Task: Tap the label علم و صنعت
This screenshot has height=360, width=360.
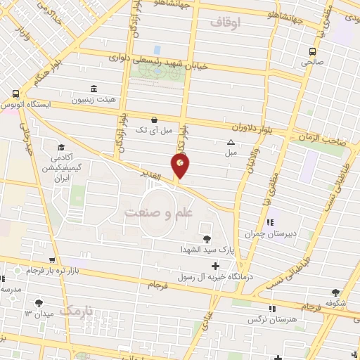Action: click(x=152, y=212)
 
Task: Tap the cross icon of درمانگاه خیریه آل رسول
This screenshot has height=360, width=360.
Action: click(x=215, y=266)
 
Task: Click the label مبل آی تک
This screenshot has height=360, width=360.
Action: click(x=153, y=130)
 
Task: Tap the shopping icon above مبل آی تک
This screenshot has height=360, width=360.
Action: click(x=154, y=119)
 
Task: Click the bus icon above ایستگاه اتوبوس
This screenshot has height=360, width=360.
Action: click(x=15, y=93)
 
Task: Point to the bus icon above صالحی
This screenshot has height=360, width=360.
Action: click(x=314, y=51)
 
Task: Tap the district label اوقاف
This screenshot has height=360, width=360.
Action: click(x=225, y=23)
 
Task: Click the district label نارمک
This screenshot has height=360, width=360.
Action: click(x=77, y=309)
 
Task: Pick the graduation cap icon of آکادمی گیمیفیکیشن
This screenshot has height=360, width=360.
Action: click(x=60, y=148)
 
